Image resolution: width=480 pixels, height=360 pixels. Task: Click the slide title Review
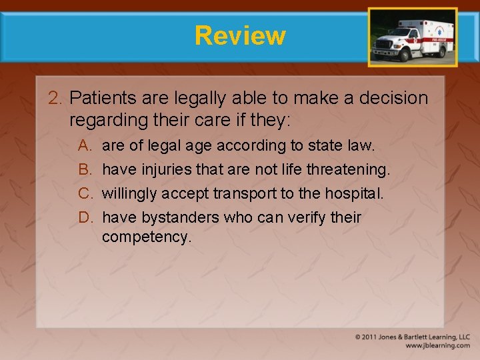click(240, 35)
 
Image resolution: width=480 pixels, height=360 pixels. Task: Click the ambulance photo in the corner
click(413, 37)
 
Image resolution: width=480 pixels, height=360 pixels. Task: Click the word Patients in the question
click(99, 99)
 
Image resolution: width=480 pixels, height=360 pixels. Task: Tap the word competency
click(146, 237)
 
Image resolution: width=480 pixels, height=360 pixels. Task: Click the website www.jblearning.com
click(437, 345)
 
